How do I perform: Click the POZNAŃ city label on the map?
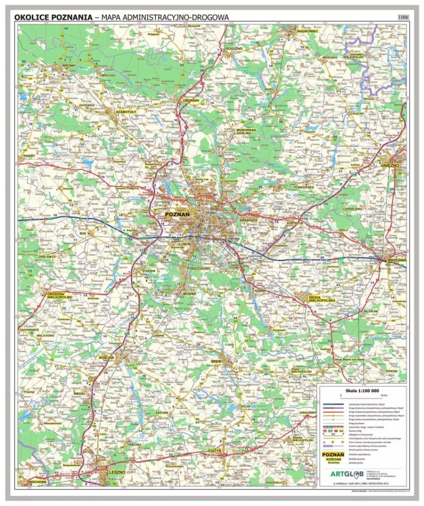coord(178,214)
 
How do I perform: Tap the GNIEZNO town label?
coord(390,164)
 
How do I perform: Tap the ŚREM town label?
coord(216,362)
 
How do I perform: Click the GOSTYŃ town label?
coord(215,448)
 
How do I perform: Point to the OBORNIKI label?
coord(192,101)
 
